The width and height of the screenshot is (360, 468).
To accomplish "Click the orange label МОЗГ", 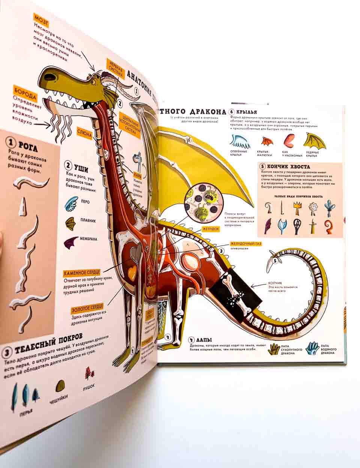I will tap(42, 18).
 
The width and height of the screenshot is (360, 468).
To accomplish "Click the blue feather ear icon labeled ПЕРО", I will tap(70, 203).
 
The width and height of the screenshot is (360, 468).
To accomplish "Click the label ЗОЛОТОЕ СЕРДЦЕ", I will tap(88, 309).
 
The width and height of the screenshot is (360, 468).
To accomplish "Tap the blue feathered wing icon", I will tap(240, 140).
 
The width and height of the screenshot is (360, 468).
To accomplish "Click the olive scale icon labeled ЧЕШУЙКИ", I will tap(60, 387).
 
